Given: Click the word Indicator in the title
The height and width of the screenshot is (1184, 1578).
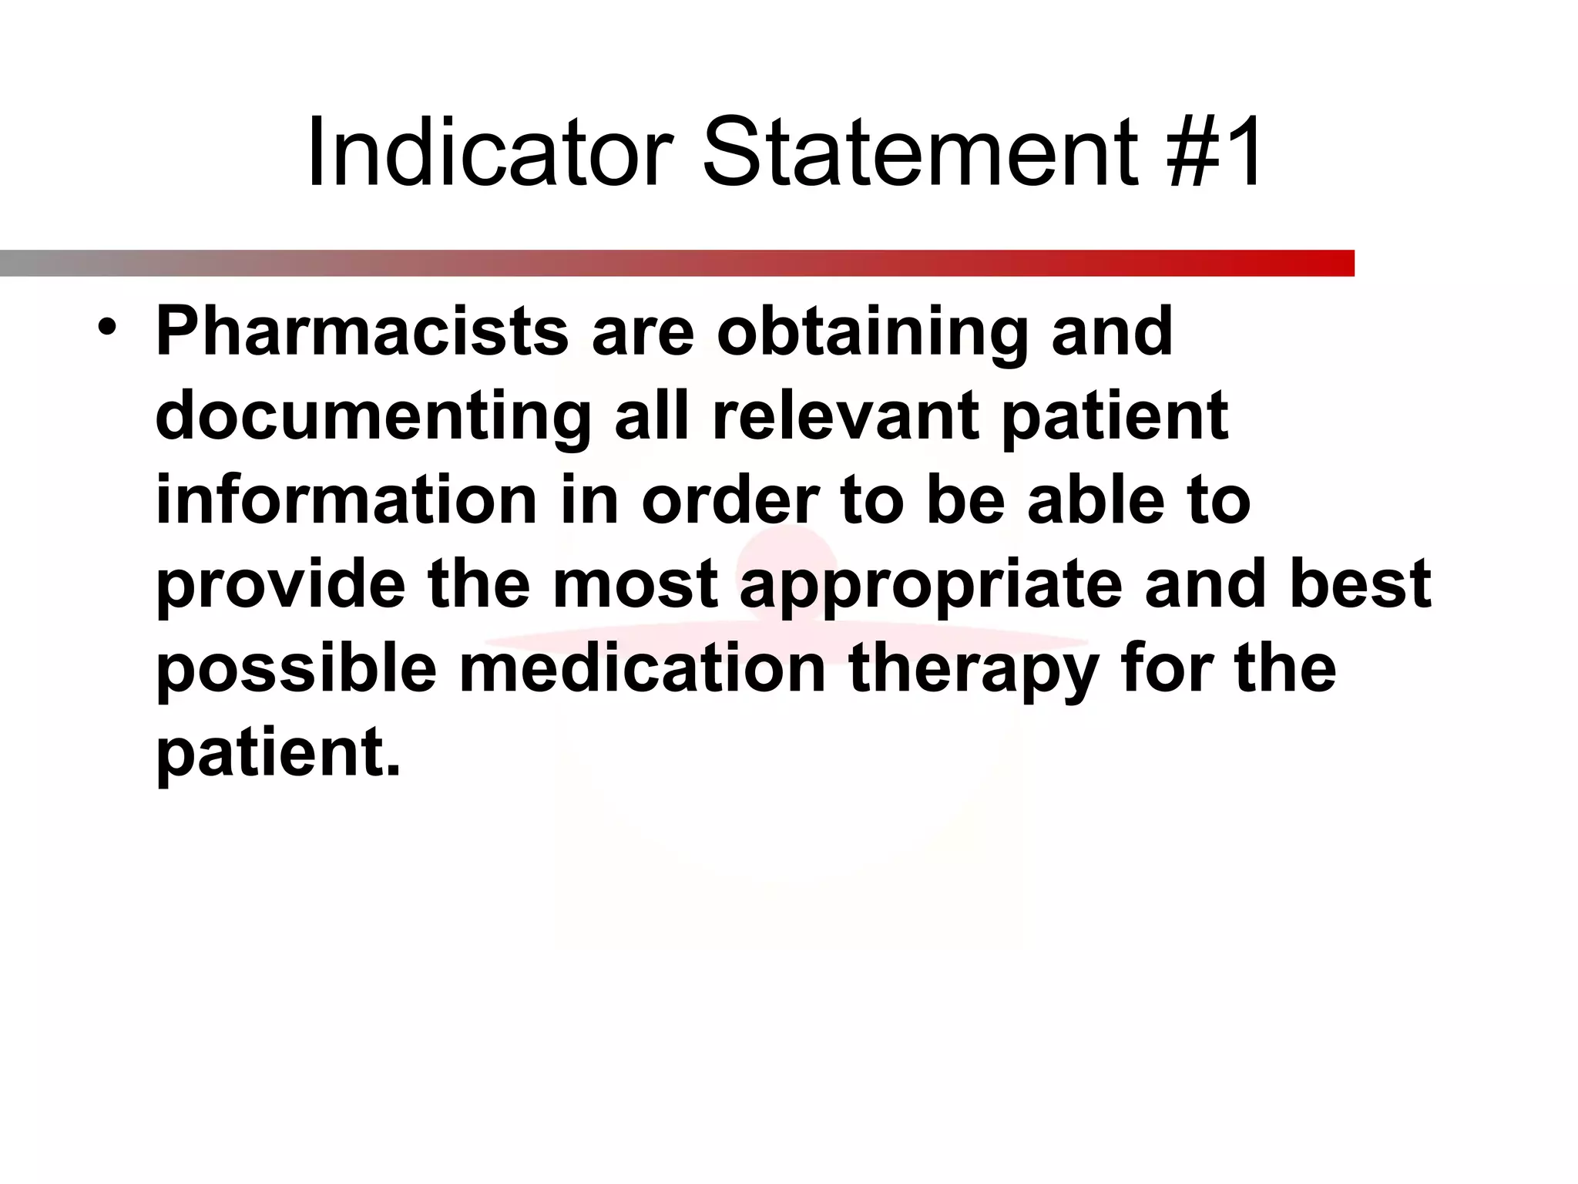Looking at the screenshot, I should (x=490, y=152).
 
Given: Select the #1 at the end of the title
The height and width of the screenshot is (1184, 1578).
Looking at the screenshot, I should (x=1215, y=152).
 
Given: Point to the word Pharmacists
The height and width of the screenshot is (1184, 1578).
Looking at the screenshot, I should (x=362, y=331).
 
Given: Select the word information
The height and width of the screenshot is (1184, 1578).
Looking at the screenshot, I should (x=346, y=500).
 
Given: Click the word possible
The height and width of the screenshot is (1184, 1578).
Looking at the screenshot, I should (x=297, y=669).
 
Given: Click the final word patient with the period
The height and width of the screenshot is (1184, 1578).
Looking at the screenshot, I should (x=278, y=753).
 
